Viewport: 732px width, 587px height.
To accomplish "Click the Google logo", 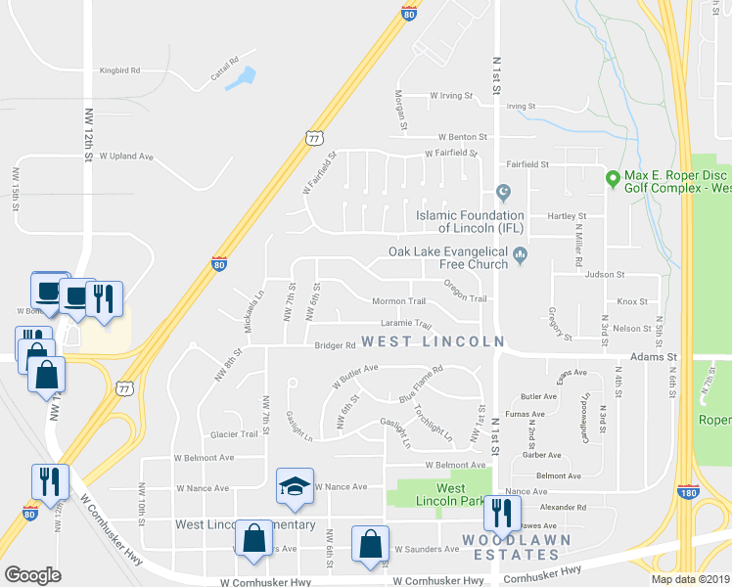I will [x=32, y=575].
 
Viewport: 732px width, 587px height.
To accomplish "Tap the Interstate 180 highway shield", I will [x=688, y=493].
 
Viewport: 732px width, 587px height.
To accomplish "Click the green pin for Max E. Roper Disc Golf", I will [x=613, y=178].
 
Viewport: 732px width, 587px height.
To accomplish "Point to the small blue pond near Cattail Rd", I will [x=242, y=77].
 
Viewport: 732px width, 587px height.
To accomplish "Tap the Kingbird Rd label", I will [x=120, y=70].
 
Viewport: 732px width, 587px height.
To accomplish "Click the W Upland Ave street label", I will [x=125, y=157].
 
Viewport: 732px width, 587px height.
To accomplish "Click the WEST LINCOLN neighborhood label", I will [x=433, y=341].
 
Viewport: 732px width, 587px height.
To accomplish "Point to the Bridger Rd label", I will [x=334, y=345].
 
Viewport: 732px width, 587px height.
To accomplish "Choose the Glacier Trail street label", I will [x=234, y=434].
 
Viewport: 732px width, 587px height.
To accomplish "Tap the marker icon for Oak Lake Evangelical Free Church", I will [x=521, y=257].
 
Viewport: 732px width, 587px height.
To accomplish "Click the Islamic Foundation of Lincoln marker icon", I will [x=504, y=191].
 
